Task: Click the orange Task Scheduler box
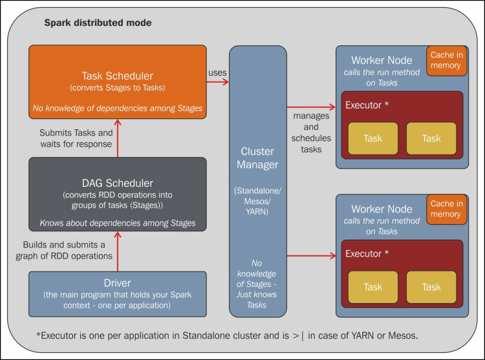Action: tap(118, 82)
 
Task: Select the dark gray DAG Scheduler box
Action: tap(118, 194)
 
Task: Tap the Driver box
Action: tap(118, 294)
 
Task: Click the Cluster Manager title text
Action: tap(257, 158)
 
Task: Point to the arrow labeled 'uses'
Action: tap(218, 82)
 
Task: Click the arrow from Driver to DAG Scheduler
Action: tap(118, 251)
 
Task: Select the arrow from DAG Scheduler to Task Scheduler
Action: tap(118, 138)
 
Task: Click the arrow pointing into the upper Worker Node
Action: tap(311, 107)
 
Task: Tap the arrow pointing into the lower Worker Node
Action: tap(311, 256)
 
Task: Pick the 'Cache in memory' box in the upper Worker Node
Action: tap(446, 61)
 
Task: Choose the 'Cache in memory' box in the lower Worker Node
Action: tap(446, 209)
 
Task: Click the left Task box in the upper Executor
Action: tap(373, 138)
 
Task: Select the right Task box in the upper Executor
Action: tap(431, 138)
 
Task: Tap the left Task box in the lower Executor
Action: tap(373, 287)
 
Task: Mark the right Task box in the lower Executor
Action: tap(431, 287)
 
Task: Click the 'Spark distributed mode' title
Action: tap(98, 23)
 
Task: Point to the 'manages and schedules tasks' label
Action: tap(311, 132)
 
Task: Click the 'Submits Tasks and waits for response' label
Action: tap(76, 138)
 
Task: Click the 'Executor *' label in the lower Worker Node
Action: tap(367, 254)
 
